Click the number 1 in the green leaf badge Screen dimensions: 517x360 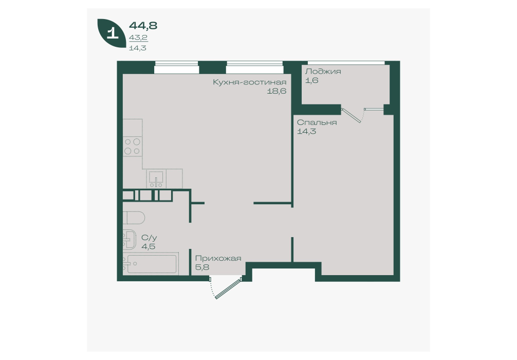tap(113, 33)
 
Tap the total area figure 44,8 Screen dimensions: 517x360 tap(143, 25)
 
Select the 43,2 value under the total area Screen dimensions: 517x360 tap(138, 38)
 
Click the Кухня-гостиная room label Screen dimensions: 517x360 tap(250, 82)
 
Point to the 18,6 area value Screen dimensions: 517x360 tap(276, 91)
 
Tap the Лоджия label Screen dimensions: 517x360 tap(323, 71)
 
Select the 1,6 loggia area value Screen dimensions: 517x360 tap(311, 80)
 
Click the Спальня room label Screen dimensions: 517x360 tap(317, 122)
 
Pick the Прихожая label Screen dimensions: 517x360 tap(218, 258)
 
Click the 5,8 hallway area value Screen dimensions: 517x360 tap(202, 267)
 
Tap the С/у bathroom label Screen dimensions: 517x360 tap(149, 238)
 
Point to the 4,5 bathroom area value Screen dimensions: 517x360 tap(148, 246)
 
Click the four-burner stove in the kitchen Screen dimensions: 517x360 tap(133, 147)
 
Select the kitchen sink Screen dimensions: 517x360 tap(156, 178)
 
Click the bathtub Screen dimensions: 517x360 tap(151, 264)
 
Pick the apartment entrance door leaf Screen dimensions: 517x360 tap(228, 289)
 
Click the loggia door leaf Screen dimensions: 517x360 tap(352, 116)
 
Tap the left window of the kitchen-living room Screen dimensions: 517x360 tap(177, 68)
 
